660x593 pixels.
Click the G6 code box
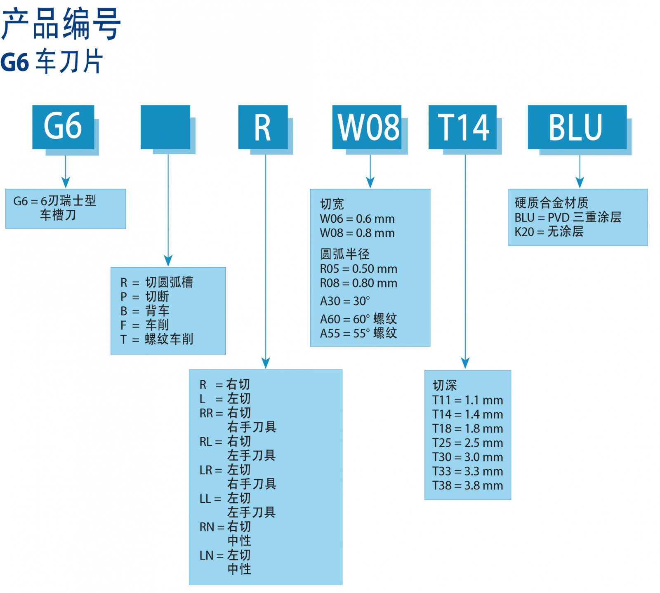[63, 127]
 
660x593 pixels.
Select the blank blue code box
[165, 127]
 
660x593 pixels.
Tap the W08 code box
[367, 127]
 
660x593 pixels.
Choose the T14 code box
[462, 127]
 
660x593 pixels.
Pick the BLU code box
[577, 127]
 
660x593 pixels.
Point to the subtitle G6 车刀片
[52, 62]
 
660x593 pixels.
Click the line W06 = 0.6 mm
[357, 219]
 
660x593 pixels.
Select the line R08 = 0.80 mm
[358, 283]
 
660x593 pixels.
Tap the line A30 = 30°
[345, 301]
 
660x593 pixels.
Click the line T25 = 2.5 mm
[467, 443]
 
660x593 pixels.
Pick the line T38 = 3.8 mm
[467, 485]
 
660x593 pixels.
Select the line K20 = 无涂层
[549, 232]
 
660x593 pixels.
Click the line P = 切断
[145, 296]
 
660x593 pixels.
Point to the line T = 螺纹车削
[157, 339]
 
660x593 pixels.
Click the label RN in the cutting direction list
[207, 527]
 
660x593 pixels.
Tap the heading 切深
[445, 386]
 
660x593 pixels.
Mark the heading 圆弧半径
[345, 254]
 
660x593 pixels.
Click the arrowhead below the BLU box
[580, 182]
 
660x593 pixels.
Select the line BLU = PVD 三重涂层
[568, 217]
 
